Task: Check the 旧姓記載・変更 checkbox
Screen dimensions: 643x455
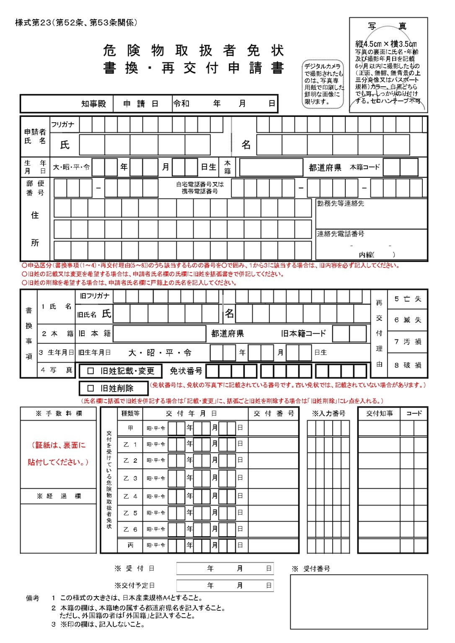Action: coord(90,370)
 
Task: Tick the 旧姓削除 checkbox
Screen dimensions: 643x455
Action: coord(90,388)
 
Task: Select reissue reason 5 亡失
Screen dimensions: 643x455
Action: coord(407,299)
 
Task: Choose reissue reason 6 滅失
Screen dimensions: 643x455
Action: coord(407,320)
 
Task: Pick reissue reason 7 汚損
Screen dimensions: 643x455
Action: coord(407,342)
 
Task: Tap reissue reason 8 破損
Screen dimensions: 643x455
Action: coord(407,365)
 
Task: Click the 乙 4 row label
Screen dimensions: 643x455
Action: coord(130,496)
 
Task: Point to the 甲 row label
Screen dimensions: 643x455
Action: coord(130,428)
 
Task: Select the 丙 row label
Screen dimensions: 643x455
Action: coord(130,545)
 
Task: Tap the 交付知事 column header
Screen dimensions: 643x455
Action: coord(379,413)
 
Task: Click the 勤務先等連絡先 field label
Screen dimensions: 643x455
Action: coord(340,203)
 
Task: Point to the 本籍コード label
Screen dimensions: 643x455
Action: coord(365,167)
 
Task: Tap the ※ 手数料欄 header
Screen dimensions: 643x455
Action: coord(59,413)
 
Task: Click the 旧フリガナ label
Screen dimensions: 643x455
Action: coord(95,296)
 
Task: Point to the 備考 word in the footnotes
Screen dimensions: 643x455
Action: coord(33,598)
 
